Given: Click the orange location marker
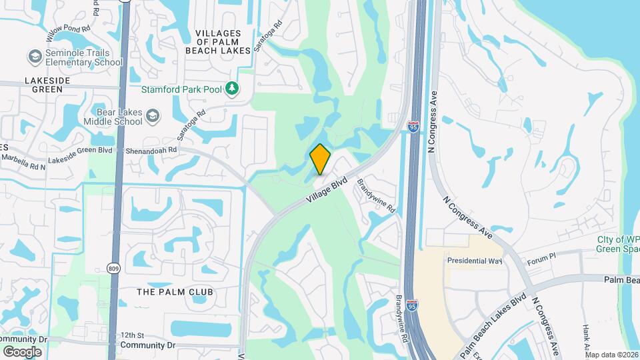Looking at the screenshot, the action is tap(320, 159).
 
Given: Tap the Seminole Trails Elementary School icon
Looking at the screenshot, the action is tap(35, 57).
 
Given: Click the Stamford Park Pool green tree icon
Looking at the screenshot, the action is tap(231, 88).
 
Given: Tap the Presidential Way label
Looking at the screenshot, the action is tap(474, 261).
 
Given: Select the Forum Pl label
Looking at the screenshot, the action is tap(541, 257).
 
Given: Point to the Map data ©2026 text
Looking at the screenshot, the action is tap(611, 355).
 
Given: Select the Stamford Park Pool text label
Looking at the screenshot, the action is tap(181, 89).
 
